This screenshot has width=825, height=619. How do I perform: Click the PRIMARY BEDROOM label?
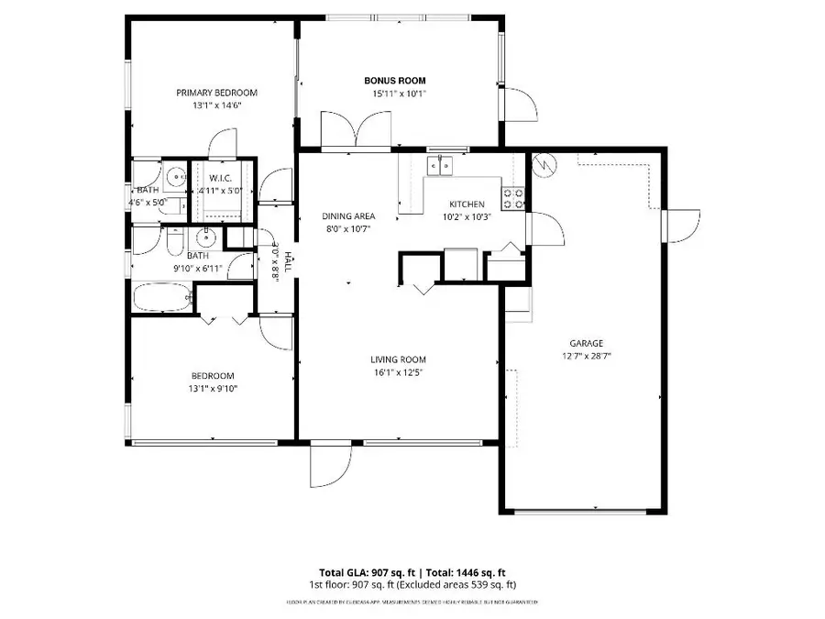[217, 93]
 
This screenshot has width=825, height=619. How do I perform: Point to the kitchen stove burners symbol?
[513, 198]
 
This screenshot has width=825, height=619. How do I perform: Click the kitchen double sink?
[442, 166]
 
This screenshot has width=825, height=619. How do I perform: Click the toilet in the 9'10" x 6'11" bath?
[174, 240]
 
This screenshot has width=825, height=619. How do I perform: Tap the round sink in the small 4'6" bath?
[171, 178]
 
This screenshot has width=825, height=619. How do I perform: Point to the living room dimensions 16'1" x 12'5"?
[398, 372]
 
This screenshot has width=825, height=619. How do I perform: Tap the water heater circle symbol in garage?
[543, 166]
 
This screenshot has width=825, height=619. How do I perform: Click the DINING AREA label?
[348, 216]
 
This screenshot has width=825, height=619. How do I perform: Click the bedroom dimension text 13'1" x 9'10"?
[213, 389]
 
